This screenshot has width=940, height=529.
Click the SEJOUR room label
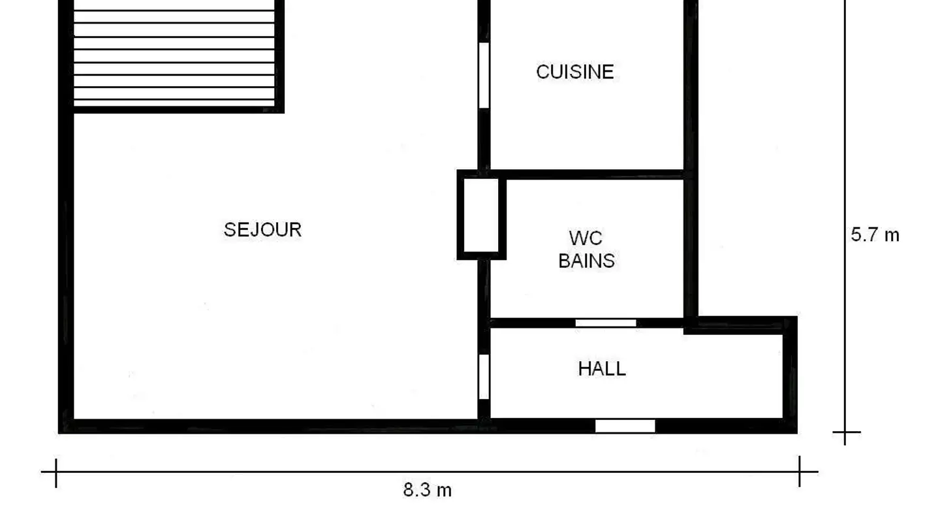point(262,230)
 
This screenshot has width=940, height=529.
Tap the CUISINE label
point(574,72)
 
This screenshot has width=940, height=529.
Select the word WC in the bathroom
point(585,238)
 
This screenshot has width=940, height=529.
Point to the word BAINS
point(586,261)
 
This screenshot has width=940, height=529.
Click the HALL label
point(602,369)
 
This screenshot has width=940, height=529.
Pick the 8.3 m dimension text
point(427,490)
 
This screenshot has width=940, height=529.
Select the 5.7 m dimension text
point(875,235)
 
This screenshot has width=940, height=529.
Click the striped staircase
point(174,56)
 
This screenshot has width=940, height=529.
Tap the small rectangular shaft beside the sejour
point(481,215)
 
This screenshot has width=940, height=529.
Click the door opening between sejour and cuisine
point(484,75)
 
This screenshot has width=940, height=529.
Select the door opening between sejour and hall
point(484,376)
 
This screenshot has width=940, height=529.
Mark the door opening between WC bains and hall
point(606,323)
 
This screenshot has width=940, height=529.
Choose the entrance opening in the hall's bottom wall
point(625,426)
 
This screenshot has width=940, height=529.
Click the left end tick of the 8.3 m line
point(56,472)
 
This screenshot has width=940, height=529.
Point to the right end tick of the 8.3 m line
point(800,472)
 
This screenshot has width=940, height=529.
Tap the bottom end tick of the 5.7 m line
point(845,432)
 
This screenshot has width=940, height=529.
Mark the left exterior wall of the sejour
point(66,261)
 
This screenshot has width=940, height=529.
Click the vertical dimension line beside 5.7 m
point(845,131)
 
